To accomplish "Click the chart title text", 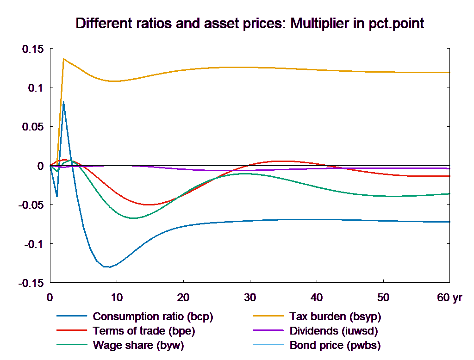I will click(249, 24).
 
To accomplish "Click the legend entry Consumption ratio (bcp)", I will click(153, 317).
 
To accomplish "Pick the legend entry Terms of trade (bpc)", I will click(144, 331).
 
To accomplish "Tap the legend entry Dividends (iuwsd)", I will click(333, 331).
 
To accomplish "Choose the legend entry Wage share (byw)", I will click(138, 345).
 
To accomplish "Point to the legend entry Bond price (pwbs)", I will click(335, 345).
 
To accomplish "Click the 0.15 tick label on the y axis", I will click(33, 49).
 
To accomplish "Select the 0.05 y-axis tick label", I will click(33, 127).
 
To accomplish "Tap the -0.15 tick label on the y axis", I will click(31, 283).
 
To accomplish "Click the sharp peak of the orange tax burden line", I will click(63, 59).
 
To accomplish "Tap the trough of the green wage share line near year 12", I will click(133, 218).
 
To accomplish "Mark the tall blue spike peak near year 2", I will click(63, 102).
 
